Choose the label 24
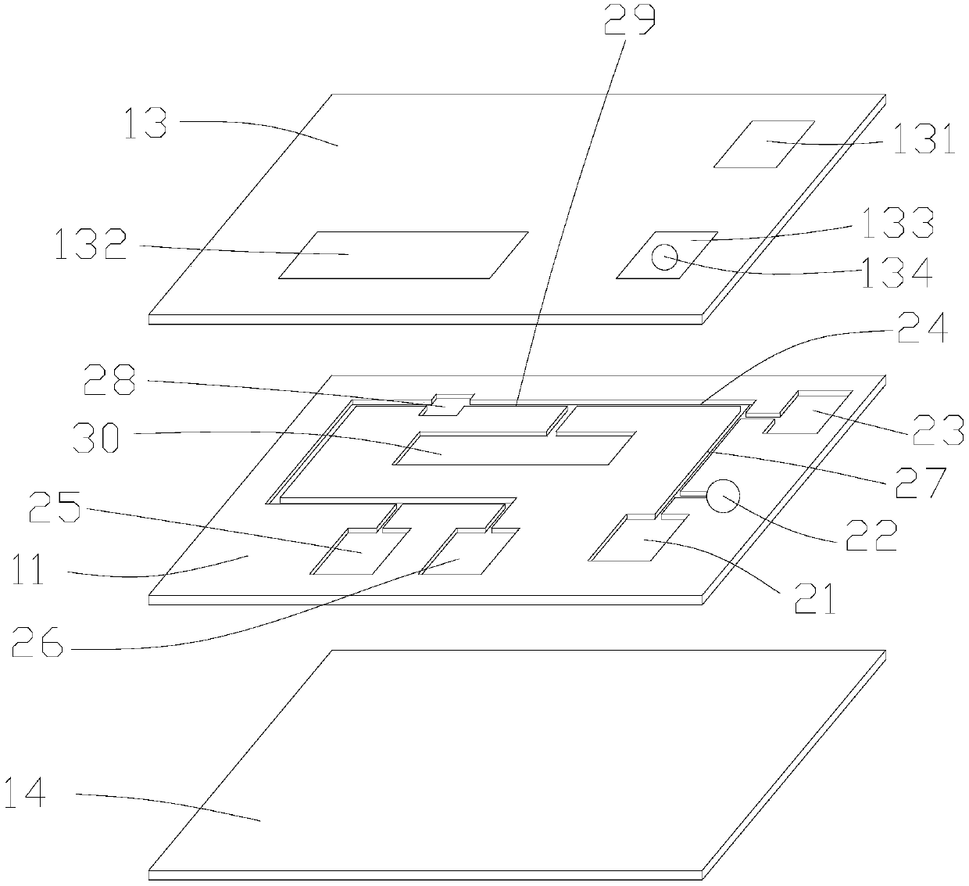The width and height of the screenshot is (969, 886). coord(925,329)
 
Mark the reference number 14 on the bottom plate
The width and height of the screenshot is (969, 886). coord(25,793)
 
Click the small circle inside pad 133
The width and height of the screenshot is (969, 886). coord(665,256)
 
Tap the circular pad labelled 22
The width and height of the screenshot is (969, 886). coord(723,495)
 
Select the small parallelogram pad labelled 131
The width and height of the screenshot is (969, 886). coord(764,144)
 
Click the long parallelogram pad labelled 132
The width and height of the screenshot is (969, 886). coord(403,254)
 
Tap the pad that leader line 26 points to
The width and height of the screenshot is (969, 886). coord(469,551)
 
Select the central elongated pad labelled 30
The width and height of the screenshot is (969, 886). coord(512,449)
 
